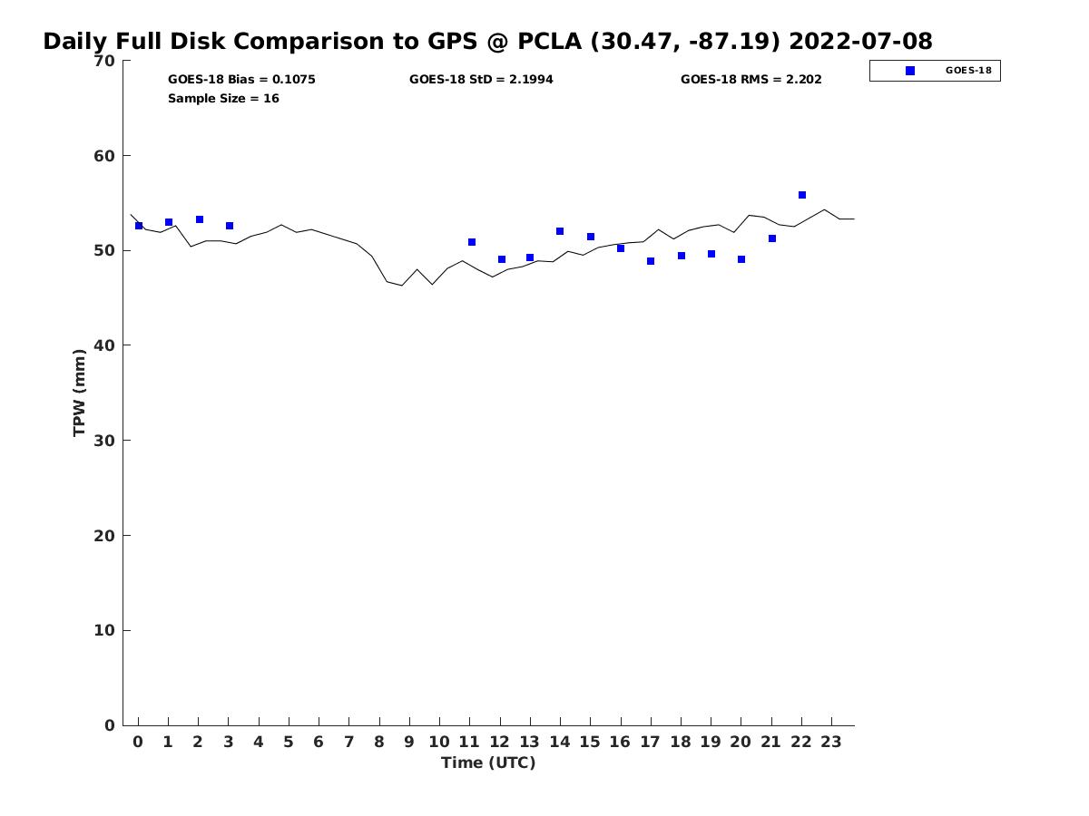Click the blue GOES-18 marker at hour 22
(x=801, y=195)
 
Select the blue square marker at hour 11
(x=472, y=242)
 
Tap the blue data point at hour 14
(x=560, y=231)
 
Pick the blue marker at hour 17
(x=651, y=260)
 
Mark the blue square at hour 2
(x=200, y=219)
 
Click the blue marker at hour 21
(x=772, y=238)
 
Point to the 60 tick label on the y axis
(x=104, y=156)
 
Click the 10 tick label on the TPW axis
(x=104, y=630)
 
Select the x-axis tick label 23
(x=831, y=742)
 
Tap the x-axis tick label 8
(x=379, y=742)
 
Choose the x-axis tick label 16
(x=620, y=742)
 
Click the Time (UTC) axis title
(x=488, y=763)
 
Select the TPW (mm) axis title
(x=79, y=393)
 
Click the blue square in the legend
(x=910, y=71)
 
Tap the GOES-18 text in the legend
(x=968, y=71)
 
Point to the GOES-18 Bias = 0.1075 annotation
(x=241, y=79)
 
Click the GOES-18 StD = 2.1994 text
(x=481, y=79)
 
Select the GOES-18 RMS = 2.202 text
(x=751, y=79)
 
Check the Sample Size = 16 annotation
(x=223, y=98)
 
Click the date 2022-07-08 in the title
(x=860, y=41)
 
